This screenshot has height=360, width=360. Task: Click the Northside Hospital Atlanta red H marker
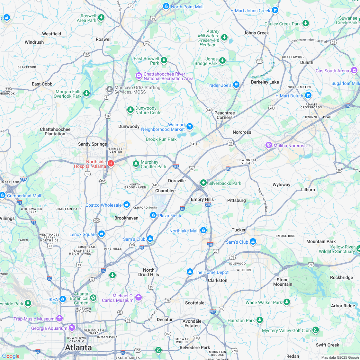click(111, 164)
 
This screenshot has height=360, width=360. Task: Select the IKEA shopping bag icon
click(63, 299)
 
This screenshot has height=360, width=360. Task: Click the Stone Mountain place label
click(283, 282)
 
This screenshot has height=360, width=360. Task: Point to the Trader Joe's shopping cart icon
click(236, 85)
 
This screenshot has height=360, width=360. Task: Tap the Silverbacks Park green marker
click(203, 183)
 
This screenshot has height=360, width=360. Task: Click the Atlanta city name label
click(78, 347)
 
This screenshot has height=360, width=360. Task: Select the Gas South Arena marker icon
click(354, 70)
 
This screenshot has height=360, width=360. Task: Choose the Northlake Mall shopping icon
click(203, 230)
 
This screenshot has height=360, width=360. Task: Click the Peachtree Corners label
click(224, 115)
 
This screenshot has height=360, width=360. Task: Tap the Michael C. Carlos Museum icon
click(139, 297)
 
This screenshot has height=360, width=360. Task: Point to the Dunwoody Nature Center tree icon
click(130, 110)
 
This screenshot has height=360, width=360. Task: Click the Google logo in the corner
click(11, 356)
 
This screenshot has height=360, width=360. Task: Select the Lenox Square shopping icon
click(102, 234)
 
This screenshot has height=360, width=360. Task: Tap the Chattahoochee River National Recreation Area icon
click(139, 76)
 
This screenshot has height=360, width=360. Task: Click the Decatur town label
click(165, 319)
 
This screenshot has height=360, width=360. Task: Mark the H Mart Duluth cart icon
click(308, 95)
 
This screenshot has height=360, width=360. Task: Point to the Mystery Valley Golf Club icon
click(316, 330)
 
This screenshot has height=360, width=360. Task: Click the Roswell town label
click(104, 39)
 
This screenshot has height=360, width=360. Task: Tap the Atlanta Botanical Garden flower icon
click(93, 298)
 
